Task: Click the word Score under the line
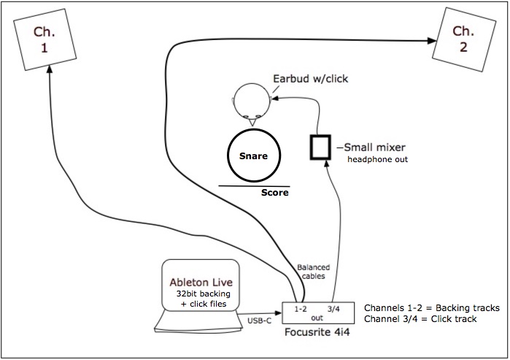275,192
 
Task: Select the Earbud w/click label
310,79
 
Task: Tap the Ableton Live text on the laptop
201,282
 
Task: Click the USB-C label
259,321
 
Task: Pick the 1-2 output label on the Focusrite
300,309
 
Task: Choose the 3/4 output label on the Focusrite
333,309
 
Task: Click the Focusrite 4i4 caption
317,332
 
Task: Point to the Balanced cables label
313,272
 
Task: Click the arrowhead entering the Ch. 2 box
432,41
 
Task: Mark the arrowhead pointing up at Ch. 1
50,69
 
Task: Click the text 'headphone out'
378,159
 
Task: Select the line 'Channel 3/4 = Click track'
420,318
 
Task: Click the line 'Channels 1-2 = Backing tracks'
432,308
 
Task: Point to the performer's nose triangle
252,122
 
